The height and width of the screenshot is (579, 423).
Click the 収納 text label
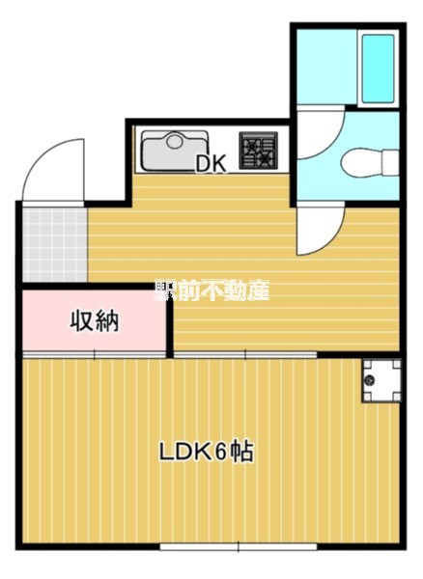(94, 321)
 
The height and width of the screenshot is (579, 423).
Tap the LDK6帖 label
(206, 452)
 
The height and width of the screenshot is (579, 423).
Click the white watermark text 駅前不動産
(211, 289)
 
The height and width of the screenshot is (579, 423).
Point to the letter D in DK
(204, 164)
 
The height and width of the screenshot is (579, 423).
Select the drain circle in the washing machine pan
(370, 383)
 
